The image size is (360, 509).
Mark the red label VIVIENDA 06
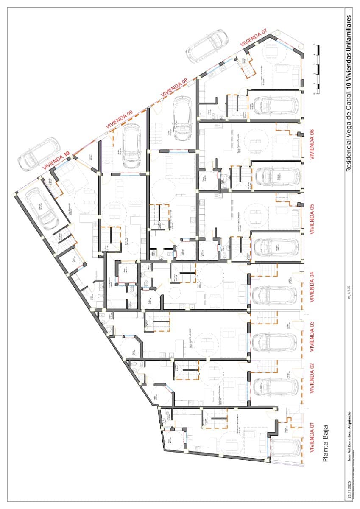(x=312, y=144)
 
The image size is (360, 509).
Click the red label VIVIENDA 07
(x=254, y=38)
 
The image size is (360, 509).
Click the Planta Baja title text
(x=326, y=443)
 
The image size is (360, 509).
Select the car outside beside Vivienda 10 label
(x=39, y=153)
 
